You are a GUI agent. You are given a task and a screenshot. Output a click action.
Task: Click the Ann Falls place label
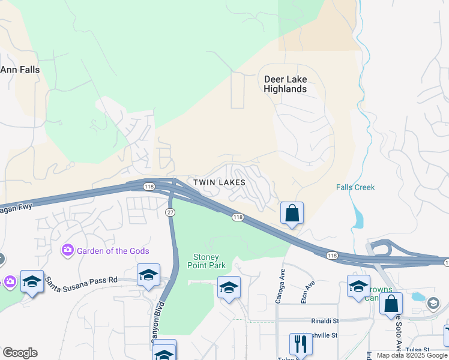tap(20, 70)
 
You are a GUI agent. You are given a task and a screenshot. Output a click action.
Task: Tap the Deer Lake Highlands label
tap(285, 84)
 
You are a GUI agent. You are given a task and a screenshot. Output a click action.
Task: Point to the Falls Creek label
tap(355, 187)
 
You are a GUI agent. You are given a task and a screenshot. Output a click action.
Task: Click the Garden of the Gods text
tap(113, 251)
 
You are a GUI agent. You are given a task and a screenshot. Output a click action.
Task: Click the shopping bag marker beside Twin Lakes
tap(292, 213)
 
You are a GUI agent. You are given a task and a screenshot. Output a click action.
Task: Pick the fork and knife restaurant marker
tap(301, 344)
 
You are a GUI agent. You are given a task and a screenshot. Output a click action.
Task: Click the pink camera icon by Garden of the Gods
tap(67, 249)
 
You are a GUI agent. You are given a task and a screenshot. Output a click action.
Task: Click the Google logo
tap(20, 353)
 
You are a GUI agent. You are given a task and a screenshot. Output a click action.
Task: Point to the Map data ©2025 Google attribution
tap(412, 355)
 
